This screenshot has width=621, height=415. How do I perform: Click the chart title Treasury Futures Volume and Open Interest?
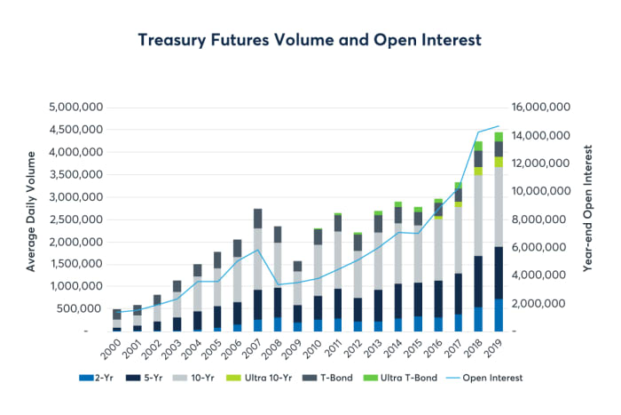pos(310,40)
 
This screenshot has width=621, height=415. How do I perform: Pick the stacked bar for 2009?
pos(298,297)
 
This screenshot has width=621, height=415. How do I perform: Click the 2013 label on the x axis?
pos(376,345)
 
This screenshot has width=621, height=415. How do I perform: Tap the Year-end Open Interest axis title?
pos(588,219)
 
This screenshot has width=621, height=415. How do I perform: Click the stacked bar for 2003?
pos(177,307)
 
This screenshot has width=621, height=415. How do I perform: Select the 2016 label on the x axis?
pos(437,345)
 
